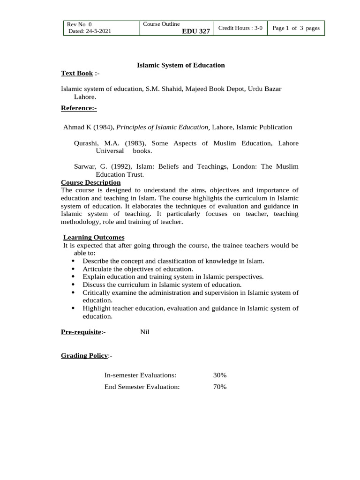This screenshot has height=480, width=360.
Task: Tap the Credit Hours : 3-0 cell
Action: coord(240,28)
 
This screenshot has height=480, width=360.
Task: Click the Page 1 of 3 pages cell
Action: coord(296,28)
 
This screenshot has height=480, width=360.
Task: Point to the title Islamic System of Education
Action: coord(180,65)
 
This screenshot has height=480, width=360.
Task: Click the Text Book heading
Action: coord(77,74)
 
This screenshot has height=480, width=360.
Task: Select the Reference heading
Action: coord(78,108)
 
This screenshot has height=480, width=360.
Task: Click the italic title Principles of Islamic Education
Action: coord(163,127)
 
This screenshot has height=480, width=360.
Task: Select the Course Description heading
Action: coord(90,182)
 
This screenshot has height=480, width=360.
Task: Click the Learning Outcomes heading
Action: coord(93,238)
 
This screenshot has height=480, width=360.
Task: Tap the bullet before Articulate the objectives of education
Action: coord(74,269)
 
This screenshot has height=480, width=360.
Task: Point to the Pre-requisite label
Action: coord(81,332)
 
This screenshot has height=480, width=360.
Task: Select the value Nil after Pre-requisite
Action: coord(144,332)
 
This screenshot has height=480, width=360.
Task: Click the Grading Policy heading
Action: coord(84,356)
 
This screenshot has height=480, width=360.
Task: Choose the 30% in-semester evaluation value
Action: coord(219,375)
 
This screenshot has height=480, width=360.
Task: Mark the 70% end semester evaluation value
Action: coord(219,387)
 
